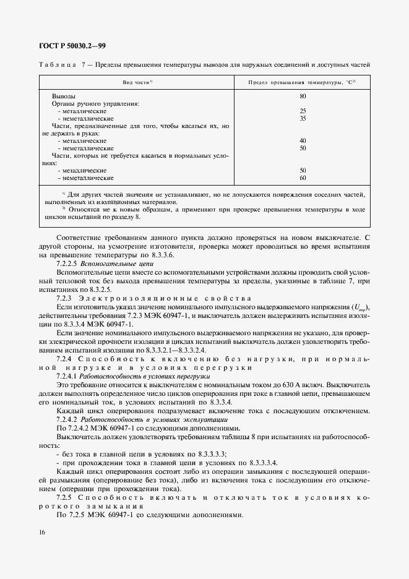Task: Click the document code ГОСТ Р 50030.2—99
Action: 72,46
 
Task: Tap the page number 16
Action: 41,532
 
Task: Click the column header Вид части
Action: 137,82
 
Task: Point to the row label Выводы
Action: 64,96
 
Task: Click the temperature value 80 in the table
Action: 303,96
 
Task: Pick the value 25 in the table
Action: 303,111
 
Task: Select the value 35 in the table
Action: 303,119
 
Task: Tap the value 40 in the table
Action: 303,141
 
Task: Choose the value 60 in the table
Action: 303,178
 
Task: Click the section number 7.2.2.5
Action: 68,263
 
